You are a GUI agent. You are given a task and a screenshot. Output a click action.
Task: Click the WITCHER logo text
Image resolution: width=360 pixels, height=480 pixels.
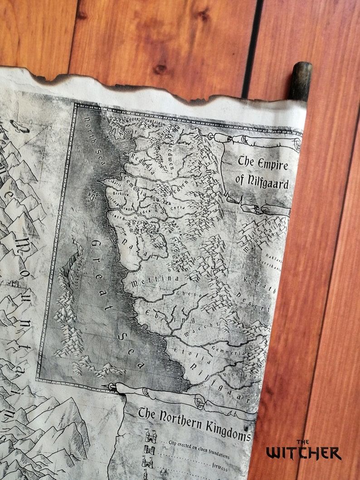pos(303,452)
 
